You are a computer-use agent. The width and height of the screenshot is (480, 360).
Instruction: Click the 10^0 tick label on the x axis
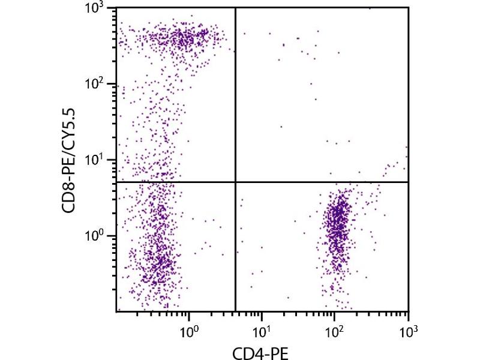coord(190,329)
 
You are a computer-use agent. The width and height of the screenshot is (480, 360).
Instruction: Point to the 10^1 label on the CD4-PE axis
coord(262,329)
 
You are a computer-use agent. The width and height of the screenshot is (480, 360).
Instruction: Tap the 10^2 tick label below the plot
coord(335,329)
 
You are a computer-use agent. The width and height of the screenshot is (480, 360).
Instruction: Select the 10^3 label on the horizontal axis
coord(408,329)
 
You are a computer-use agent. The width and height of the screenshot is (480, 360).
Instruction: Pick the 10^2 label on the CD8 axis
coord(96,85)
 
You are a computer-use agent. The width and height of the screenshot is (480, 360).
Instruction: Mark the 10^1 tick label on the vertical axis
coord(96,160)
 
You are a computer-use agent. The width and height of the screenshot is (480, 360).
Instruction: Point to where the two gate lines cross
coord(235,182)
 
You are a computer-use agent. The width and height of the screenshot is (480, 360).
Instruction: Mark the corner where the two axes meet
coord(116,311)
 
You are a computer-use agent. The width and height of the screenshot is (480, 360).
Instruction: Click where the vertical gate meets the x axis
coord(235,311)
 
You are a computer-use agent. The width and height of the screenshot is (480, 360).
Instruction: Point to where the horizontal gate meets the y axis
coord(116,182)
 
